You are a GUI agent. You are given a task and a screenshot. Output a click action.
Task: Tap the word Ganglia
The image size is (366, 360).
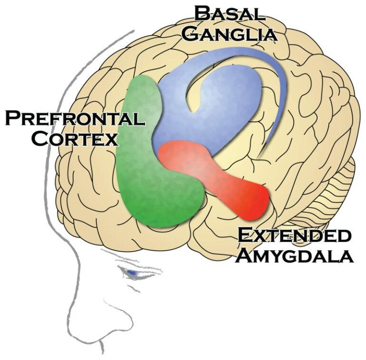(230, 34)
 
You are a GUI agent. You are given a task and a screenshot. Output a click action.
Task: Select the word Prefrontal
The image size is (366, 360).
(75, 117)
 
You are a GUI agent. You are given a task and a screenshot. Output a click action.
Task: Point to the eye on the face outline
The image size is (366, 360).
(134, 273)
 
